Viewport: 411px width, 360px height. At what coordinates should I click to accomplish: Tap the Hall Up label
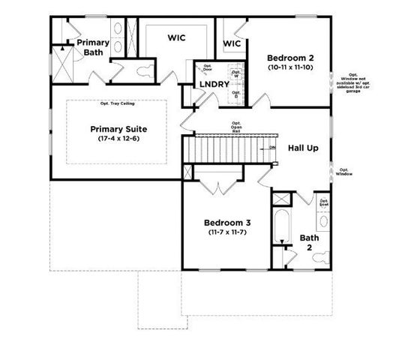[x=303, y=148]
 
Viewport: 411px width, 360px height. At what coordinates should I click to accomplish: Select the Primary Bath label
[x=93, y=48]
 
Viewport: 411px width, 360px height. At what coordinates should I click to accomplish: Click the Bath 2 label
[x=309, y=242]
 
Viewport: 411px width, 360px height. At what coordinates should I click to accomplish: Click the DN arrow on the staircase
[x=270, y=148]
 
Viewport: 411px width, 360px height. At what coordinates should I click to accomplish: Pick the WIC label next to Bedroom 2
[x=232, y=43]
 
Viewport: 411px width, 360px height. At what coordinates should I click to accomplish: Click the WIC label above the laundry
[x=177, y=37]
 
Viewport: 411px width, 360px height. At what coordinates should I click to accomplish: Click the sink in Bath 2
[x=323, y=221]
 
